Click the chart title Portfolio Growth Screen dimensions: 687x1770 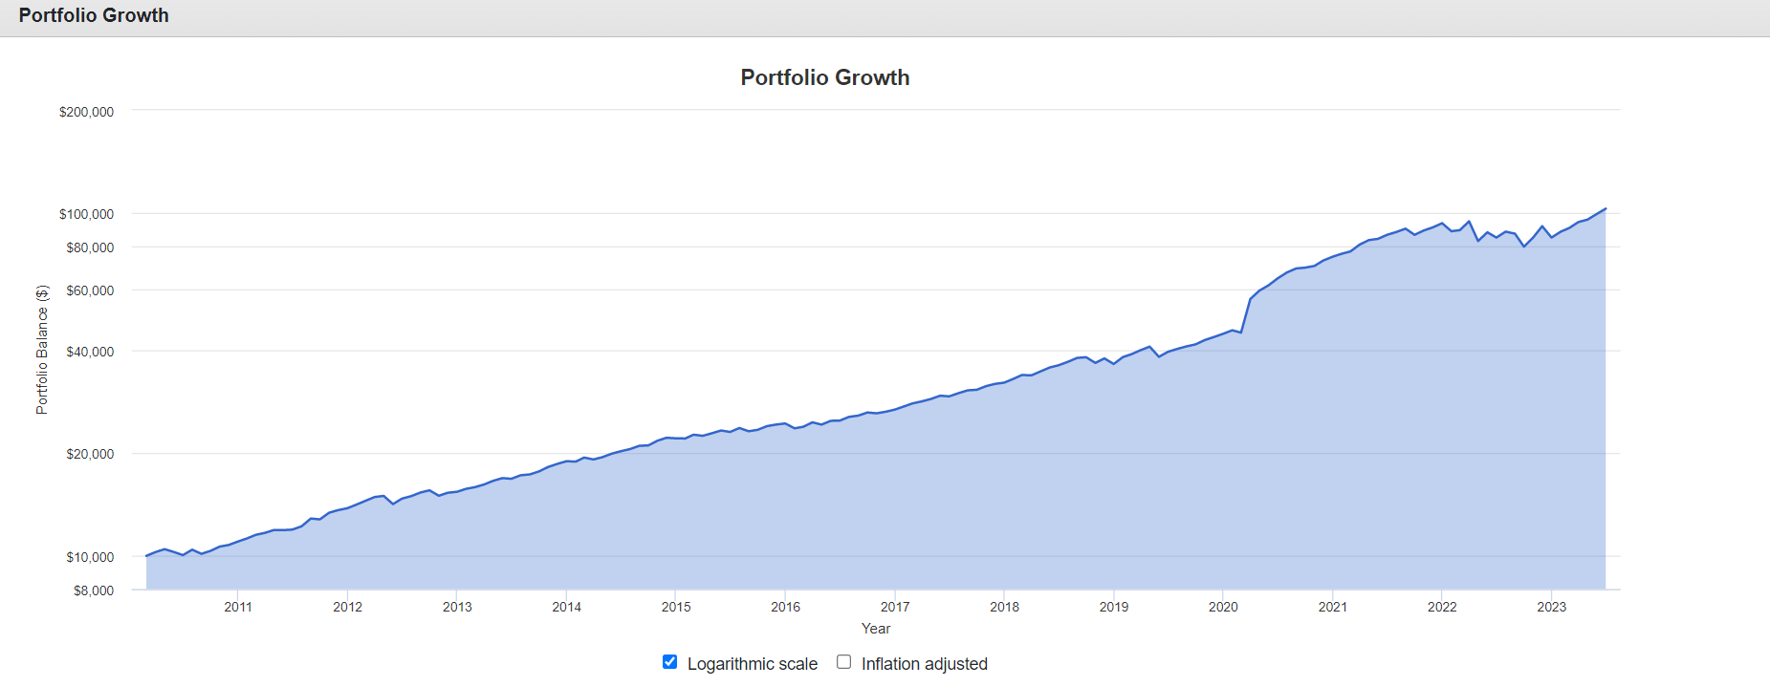824,77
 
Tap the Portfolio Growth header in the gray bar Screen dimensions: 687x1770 94,15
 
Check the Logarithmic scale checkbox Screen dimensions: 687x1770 670,662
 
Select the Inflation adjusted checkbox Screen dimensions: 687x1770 843,662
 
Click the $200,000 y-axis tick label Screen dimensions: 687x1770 86,112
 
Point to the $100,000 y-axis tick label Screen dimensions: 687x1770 86,214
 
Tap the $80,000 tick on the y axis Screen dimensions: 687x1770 90,247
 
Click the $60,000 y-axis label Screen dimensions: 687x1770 90,290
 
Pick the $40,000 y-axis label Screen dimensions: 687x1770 90,352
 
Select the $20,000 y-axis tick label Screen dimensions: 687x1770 90,454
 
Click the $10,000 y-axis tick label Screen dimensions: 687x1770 90,557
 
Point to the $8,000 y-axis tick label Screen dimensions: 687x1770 94,590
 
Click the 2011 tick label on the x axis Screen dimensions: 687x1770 238,607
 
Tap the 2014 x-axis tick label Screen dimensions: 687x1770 566,607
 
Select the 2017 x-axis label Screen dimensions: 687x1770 895,607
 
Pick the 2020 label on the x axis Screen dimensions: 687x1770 1223,607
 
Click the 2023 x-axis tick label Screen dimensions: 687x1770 1551,607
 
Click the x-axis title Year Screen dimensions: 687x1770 876,629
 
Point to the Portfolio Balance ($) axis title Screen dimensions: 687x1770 42,350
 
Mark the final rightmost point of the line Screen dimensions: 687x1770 1606,208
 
